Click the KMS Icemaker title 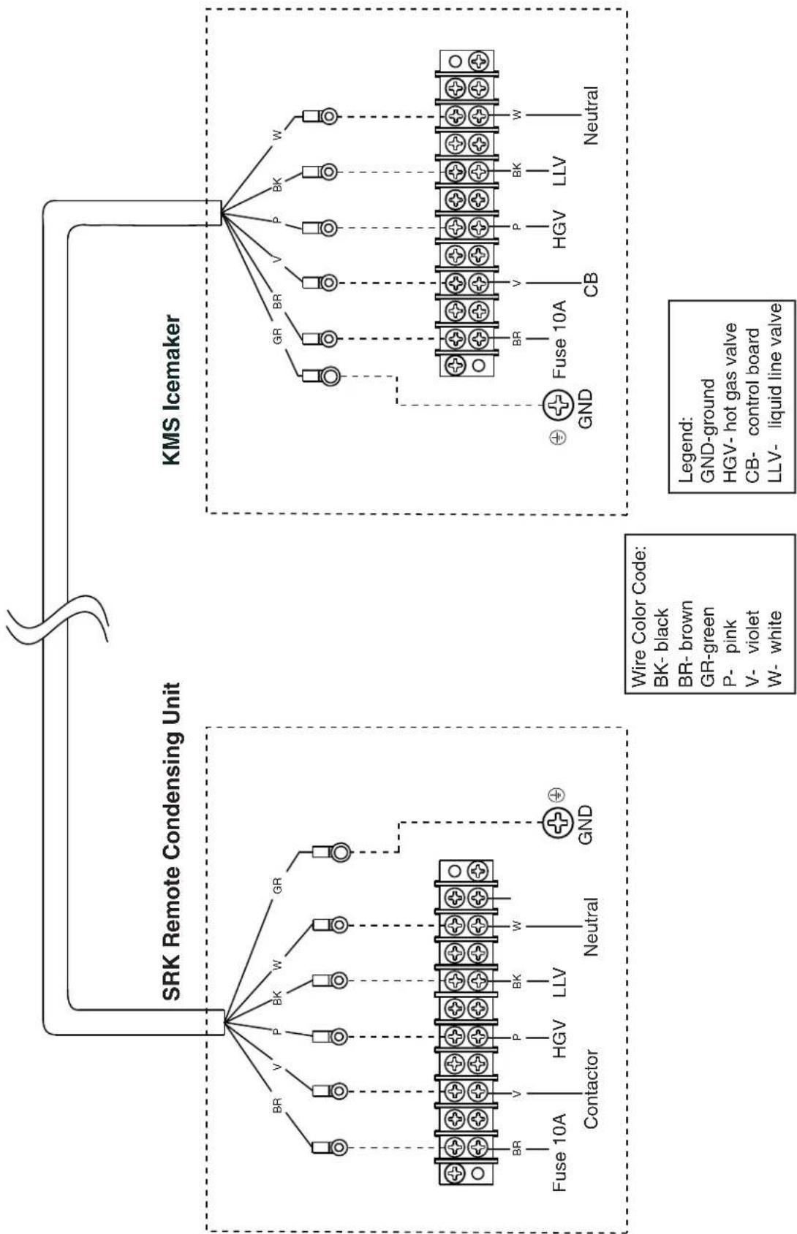tap(172, 390)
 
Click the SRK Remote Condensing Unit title tap(172, 841)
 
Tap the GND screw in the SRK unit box tap(557, 823)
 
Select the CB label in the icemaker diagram tap(590, 284)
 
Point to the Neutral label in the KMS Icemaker tap(590, 115)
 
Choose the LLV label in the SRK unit tap(559, 982)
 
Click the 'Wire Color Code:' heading tap(639, 617)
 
